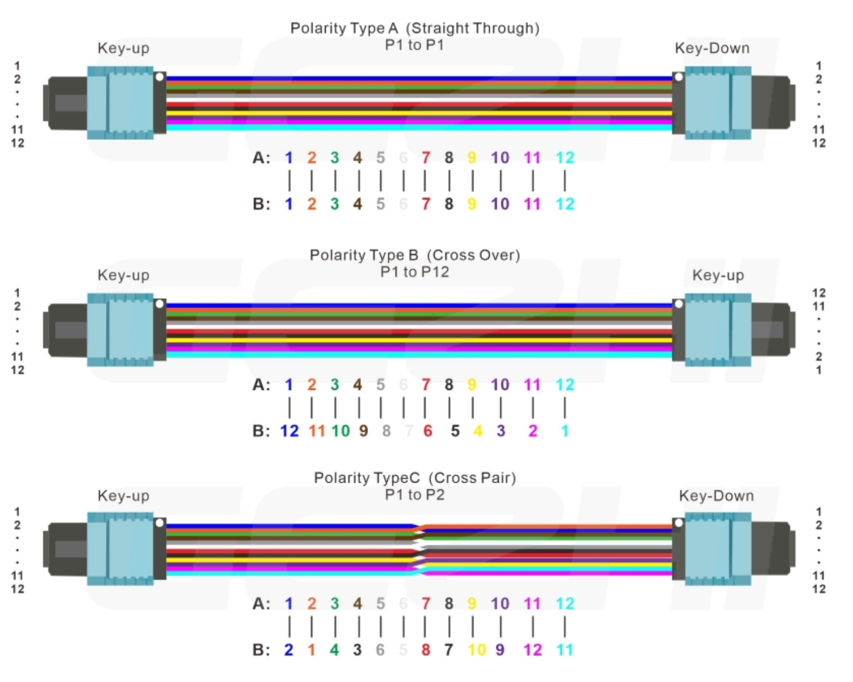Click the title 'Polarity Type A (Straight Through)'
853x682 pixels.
(415, 28)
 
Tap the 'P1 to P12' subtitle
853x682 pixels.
(415, 272)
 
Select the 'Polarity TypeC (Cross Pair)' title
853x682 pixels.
(415, 478)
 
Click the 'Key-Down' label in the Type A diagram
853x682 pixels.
(712, 48)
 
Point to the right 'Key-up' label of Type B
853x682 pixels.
(718, 275)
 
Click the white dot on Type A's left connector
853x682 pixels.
(159, 77)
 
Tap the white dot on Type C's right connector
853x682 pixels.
(678, 523)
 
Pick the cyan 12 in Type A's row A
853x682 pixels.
(565, 158)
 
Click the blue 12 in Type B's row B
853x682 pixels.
(289, 431)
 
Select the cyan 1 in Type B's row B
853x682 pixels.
(565, 431)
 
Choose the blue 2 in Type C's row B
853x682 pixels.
(288, 650)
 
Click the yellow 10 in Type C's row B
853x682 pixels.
(476, 650)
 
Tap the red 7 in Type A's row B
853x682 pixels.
(425, 204)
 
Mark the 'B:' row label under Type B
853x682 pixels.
(261, 431)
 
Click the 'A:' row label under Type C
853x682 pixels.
(261, 603)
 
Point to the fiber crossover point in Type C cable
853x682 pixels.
(419, 550)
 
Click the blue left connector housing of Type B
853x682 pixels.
(121, 329)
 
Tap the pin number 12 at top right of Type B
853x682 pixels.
(818, 293)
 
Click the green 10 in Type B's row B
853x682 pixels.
(341, 431)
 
